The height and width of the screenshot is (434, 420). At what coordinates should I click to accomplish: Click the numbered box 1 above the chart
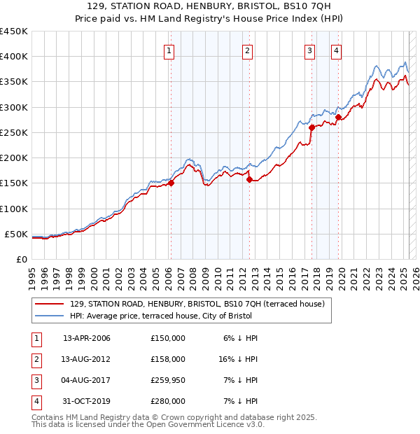pos(170,50)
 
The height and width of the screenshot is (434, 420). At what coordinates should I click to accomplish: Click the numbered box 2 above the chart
pos(248,50)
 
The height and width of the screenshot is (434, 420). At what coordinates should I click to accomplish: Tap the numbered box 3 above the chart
pos(309,50)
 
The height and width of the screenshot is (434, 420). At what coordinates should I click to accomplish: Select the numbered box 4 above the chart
pos(337,50)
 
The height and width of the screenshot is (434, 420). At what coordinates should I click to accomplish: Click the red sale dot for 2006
pos(171,183)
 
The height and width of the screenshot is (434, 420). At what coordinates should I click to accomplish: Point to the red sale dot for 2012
pos(249,180)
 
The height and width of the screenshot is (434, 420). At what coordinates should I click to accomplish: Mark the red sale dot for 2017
pos(311,127)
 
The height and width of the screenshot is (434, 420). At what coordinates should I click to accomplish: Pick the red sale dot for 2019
pos(338,118)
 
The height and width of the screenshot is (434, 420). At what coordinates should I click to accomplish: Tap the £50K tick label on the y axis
pos(16,234)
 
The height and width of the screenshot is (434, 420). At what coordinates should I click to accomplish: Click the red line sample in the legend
pos(49,304)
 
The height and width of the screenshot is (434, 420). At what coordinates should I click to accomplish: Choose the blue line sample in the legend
pos(49,316)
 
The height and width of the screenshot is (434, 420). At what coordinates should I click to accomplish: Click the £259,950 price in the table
pos(167,380)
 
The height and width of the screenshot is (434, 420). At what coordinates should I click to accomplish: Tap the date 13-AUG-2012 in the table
pos(87,359)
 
